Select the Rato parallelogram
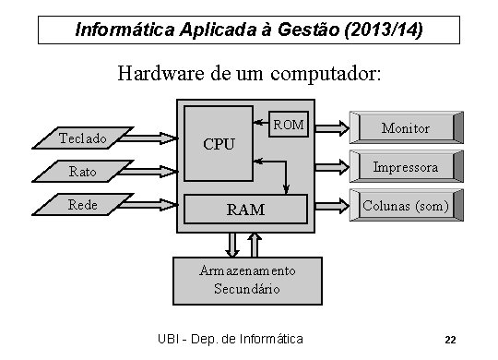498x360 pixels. pyautogui.click(x=82, y=171)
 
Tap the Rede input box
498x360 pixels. pyautogui.click(x=82, y=204)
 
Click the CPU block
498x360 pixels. pyautogui.click(x=219, y=143)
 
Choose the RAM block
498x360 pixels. pyautogui.click(x=245, y=210)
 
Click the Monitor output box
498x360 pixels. pyautogui.click(x=405, y=127)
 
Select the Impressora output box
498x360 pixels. pyautogui.click(x=405, y=167)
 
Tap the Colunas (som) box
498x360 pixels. pyautogui.click(x=405, y=205)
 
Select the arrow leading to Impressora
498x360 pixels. pyautogui.click(x=333, y=167)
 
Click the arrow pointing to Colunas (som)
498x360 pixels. pyautogui.click(x=333, y=204)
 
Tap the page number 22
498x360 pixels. pyautogui.click(x=450, y=339)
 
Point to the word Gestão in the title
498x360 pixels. pyautogui.click(x=301, y=30)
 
